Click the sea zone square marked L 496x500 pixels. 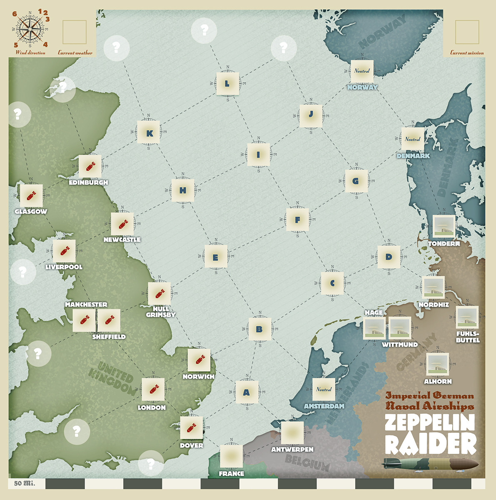[x=227, y=83]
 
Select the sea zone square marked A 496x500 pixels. [x=247, y=392]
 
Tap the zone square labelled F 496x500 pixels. [x=297, y=220]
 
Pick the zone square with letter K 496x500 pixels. [x=149, y=133]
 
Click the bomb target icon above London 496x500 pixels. [x=152, y=390]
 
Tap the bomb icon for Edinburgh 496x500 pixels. [x=90, y=167]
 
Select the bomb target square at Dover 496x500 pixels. [x=192, y=427]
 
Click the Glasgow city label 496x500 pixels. [x=31, y=211]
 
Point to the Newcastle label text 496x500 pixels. [x=122, y=240]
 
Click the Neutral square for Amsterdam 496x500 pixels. [x=324, y=389]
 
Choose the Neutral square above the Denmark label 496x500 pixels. [x=412, y=139]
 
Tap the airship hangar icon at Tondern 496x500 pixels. [x=444, y=226]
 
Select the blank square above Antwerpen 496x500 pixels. [x=292, y=433]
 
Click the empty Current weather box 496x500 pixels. [x=75, y=32]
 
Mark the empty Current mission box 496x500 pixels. [x=467, y=32]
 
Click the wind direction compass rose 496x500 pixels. [x=30, y=28]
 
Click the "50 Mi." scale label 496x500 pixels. [x=24, y=483]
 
